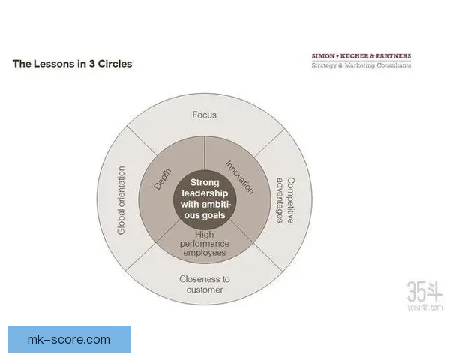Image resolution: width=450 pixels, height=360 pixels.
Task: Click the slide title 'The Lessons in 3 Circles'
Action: tap(72, 64)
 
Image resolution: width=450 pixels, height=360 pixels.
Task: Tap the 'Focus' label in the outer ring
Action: tap(204, 115)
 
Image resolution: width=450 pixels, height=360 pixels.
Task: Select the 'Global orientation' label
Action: tap(121, 200)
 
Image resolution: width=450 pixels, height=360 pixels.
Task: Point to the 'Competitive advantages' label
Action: tap(286, 200)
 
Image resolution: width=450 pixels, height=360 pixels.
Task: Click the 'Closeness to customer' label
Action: tap(205, 284)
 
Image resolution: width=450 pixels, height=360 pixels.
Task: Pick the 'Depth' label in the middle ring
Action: tap(163, 179)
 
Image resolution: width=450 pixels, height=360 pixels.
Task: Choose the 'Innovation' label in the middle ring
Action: tap(240, 177)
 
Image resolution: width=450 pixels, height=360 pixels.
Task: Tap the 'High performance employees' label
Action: tap(205, 244)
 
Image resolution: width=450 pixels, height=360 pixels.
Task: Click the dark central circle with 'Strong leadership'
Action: tap(205, 199)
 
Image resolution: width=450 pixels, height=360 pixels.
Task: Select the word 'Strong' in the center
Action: tap(205, 182)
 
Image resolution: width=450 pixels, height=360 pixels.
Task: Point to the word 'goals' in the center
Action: tap(213, 215)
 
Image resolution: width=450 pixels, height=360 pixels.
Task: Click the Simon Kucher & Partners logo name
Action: tap(361, 56)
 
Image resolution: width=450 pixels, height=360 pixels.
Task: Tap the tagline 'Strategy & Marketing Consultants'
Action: tap(361, 65)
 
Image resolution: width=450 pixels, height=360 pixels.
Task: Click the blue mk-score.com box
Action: tap(70, 339)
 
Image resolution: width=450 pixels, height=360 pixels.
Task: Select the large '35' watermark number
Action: tap(415, 291)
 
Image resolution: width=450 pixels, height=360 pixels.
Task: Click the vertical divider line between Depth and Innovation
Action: tap(204, 153)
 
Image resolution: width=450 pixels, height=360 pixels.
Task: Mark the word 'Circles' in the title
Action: tap(115, 64)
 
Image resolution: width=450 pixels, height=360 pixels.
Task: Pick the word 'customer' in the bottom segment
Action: tap(205, 289)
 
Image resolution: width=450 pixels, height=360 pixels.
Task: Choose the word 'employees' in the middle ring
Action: tap(205, 253)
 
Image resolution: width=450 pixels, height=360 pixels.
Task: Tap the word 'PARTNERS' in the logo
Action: tap(394, 56)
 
